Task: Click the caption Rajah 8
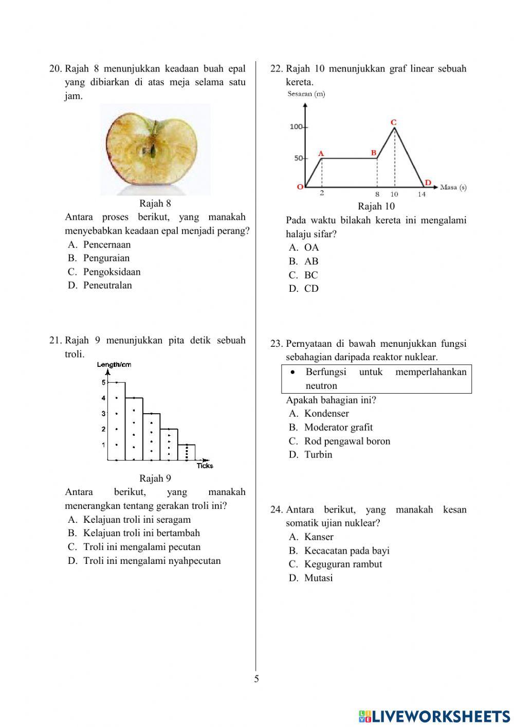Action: [x=155, y=204]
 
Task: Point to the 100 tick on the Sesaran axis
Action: [x=296, y=127]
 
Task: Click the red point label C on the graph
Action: [x=394, y=122]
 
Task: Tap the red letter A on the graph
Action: [x=321, y=153]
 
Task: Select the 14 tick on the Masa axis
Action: [x=421, y=194]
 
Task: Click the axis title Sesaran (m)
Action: [x=306, y=94]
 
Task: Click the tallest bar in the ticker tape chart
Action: [x=117, y=421]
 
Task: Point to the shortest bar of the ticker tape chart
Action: [x=186, y=452]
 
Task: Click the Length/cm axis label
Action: [x=114, y=365]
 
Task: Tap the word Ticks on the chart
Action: [x=205, y=466]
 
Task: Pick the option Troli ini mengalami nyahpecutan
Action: [x=152, y=560]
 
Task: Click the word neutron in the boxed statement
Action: [x=321, y=385]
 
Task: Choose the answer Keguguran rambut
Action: [x=343, y=564]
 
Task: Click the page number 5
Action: [x=256, y=679]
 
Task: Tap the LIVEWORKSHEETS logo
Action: [x=434, y=716]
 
